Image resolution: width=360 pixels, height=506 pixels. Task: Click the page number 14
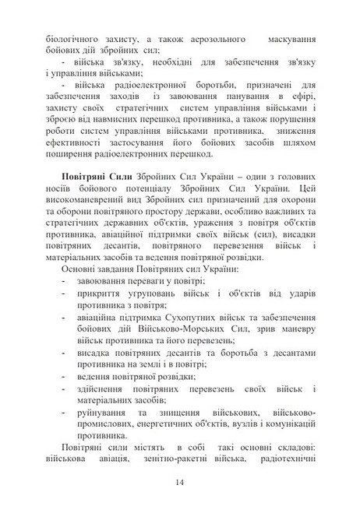pyautogui.click(x=180, y=483)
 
